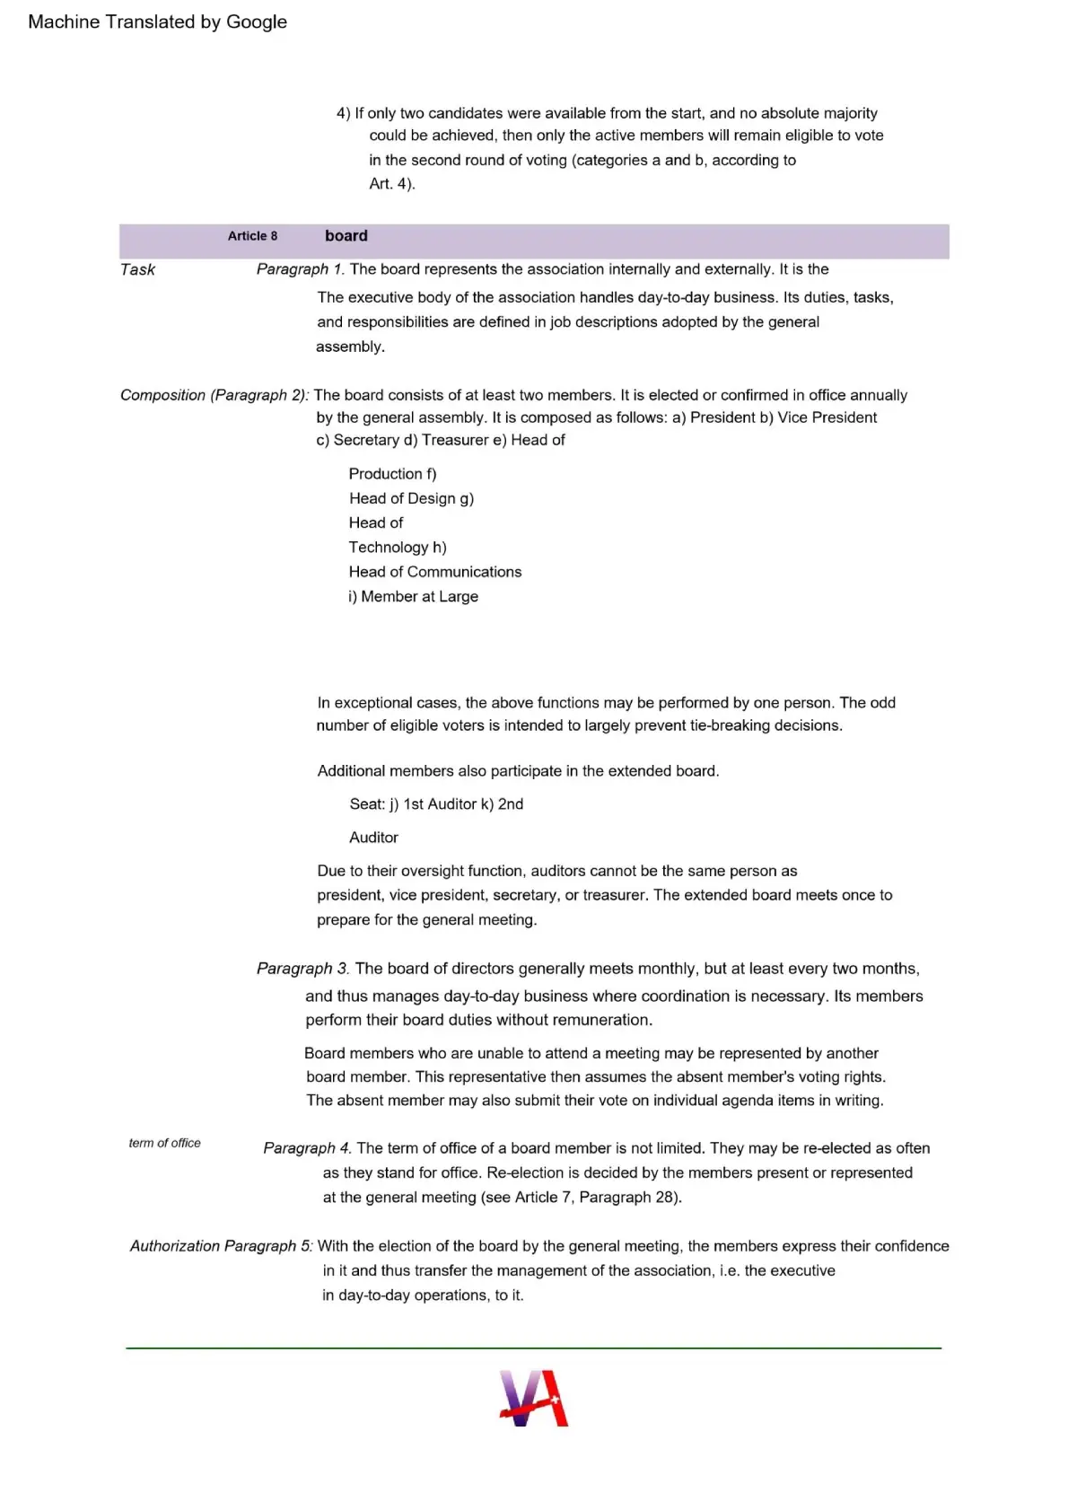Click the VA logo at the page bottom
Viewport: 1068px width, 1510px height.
(534, 1398)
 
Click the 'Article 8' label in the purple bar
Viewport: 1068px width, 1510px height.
(252, 236)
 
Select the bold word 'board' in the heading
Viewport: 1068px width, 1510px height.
(346, 236)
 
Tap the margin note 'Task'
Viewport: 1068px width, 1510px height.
(138, 269)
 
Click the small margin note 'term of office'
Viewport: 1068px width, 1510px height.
(164, 1143)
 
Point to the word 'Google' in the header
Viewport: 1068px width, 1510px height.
(257, 22)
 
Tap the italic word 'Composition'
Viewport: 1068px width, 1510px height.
(162, 395)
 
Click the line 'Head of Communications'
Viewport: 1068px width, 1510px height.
(435, 572)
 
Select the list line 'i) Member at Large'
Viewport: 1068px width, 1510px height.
(414, 597)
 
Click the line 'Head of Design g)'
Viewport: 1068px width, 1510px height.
(411, 498)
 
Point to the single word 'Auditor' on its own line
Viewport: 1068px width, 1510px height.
(373, 838)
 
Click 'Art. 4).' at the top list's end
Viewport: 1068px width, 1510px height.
(392, 184)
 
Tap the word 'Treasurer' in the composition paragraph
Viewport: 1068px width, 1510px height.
(455, 440)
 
